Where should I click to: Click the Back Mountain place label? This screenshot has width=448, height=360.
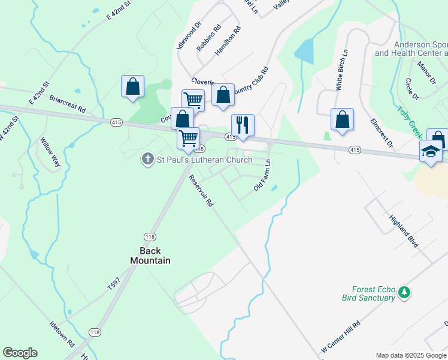(150, 256)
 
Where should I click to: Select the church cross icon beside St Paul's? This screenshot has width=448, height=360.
(148, 160)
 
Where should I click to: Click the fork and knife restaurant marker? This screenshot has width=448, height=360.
(243, 125)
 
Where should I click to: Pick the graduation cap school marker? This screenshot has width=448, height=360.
(431, 152)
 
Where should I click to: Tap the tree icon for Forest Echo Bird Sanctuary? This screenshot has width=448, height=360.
(405, 293)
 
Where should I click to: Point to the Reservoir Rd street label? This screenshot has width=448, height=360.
(201, 191)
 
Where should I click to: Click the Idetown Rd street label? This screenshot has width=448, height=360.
(62, 334)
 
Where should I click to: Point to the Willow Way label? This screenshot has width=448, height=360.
(51, 152)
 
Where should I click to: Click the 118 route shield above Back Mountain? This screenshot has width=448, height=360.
(150, 236)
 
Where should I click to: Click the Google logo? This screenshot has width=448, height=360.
(20, 353)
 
